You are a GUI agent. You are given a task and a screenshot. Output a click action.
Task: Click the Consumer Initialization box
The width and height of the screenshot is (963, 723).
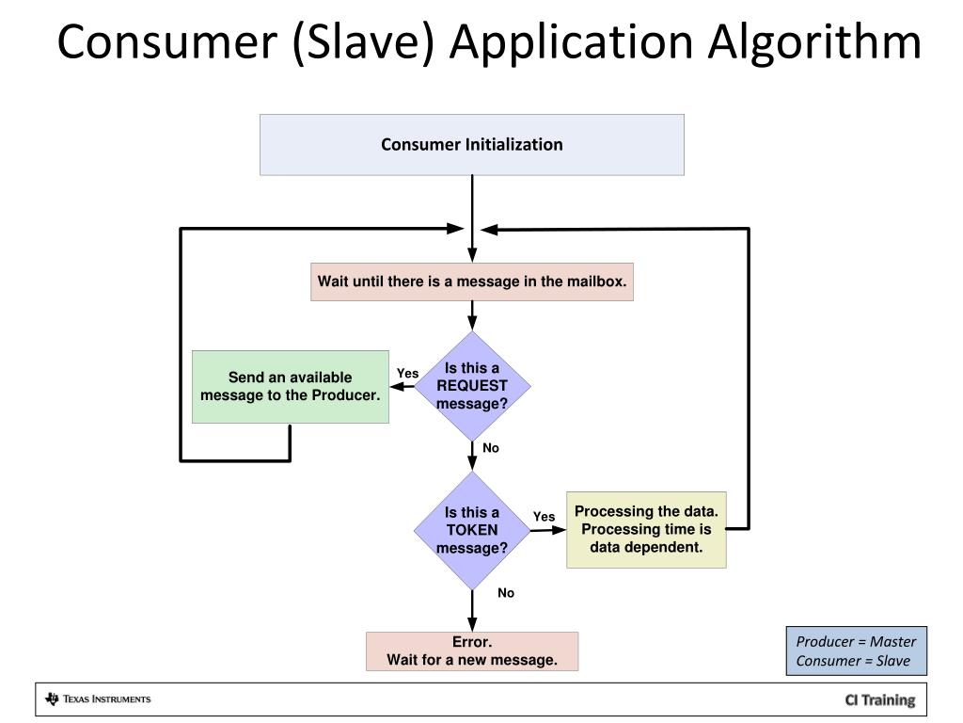[471, 145]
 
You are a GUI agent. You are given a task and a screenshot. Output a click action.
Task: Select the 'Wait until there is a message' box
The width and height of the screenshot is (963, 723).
[471, 281]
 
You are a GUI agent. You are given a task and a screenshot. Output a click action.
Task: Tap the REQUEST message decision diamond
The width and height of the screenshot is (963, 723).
[472, 385]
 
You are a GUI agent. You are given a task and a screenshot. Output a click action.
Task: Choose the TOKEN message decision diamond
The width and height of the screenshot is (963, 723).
[472, 529]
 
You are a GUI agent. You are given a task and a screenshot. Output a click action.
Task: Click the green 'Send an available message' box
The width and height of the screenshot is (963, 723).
[290, 386]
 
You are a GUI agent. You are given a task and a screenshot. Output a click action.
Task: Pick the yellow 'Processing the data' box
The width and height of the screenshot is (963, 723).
[646, 529]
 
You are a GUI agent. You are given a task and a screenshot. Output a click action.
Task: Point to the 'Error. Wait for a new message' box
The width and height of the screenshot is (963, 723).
[471, 651]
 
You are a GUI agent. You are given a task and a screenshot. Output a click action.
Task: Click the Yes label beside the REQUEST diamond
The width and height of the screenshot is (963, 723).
[407, 374]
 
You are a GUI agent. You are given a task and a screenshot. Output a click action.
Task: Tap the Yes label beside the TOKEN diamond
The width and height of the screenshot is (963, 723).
[544, 517]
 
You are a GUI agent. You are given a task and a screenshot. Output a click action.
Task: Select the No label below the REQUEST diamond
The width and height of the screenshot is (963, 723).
[490, 448]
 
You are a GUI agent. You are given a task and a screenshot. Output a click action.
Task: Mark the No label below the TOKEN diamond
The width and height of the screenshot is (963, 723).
[506, 593]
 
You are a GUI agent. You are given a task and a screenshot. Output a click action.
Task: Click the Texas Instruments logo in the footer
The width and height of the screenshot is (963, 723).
[98, 699]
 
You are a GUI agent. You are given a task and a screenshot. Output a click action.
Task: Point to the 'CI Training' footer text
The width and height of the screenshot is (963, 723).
[879, 699]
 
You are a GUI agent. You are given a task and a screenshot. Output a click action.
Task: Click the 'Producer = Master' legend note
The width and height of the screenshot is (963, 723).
[856, 642]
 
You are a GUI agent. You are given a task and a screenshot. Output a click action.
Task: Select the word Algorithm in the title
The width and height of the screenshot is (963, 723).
[814, 42]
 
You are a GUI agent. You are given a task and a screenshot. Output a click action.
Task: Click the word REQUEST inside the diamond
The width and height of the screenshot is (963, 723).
[472, 385]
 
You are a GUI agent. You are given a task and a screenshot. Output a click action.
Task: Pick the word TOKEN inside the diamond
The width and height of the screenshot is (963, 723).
[472, 529]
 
